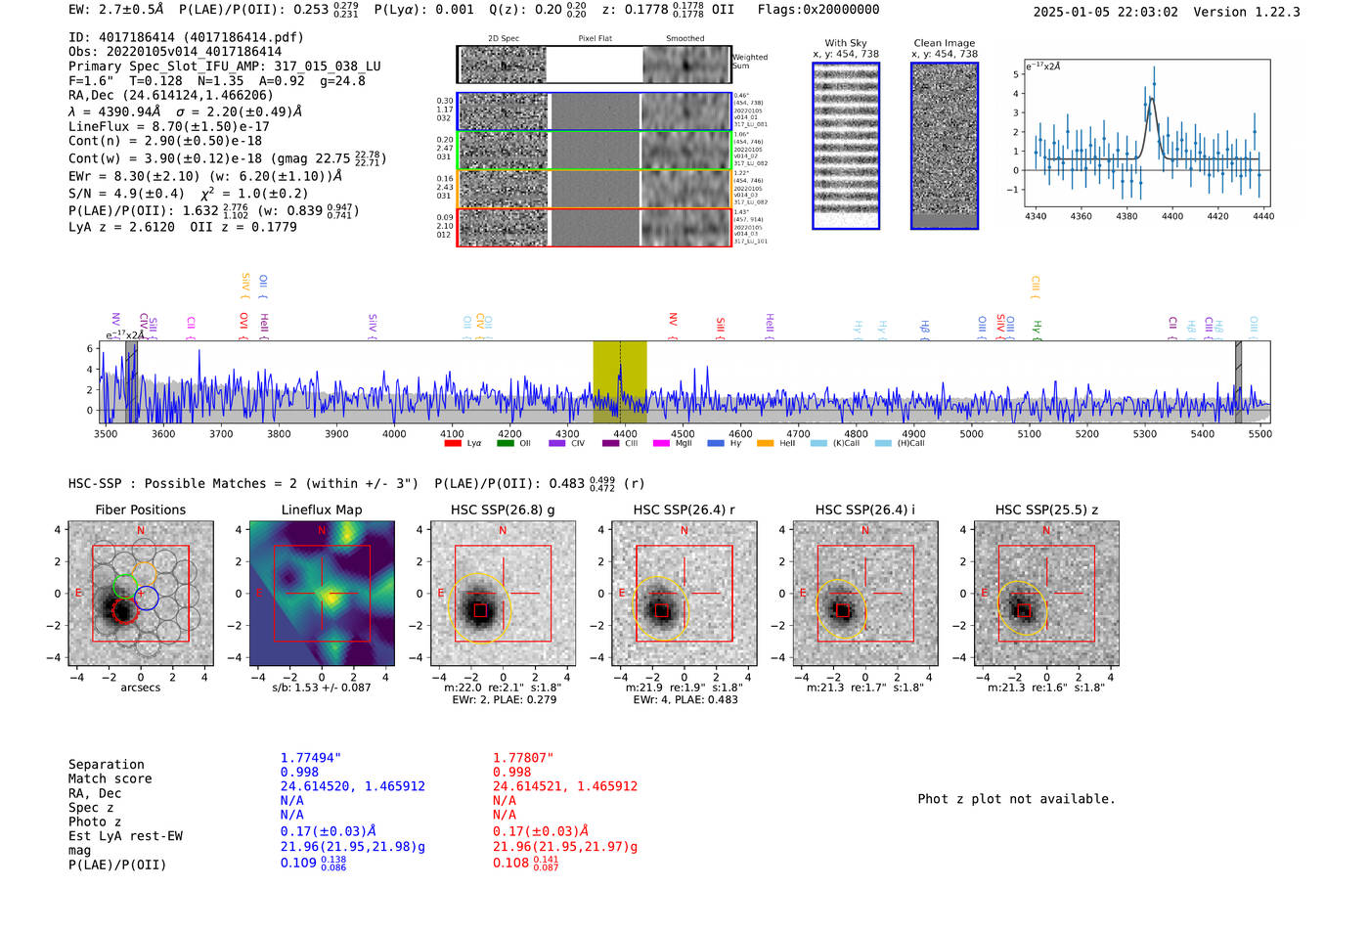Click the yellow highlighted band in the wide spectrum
[x=619, y=381]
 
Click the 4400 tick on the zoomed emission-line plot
[x=1171, y=216]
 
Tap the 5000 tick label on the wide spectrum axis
[x=971, y=434]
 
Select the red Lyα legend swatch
[x=453, y=444]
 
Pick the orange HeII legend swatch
[x=765, y=444]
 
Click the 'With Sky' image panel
[x=846, y=146]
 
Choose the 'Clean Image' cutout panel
[x=945, y=146]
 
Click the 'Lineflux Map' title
[x=322, y=510]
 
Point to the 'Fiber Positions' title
[x=140, y=510]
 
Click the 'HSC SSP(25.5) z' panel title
[x=1046, y=510]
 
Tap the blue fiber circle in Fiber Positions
[x=147, y=598]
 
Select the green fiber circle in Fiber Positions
[x=125, y=586]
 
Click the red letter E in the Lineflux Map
[x=259, y=593]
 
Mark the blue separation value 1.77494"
[x=310, y=758]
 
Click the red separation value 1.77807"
[x=522, y=758]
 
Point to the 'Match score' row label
[x=110, y=778]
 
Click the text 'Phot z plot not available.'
[x=1016, y=799]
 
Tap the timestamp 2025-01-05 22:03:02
[x=1105, y=12]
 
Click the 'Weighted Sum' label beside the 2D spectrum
[x=749, y=62]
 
